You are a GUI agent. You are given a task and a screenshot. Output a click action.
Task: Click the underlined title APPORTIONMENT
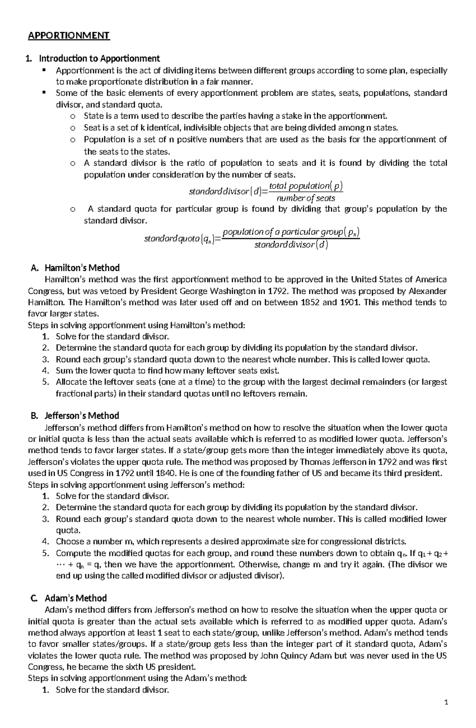tap(69, 36)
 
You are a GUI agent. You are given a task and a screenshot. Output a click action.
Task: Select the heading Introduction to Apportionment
tap(99, 59)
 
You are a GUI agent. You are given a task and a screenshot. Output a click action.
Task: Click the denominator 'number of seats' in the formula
tap(306, 198)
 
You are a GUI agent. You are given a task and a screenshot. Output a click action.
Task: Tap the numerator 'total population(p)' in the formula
tap(306, 186)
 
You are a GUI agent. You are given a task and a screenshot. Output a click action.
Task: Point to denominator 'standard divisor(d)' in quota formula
tap(291, 245)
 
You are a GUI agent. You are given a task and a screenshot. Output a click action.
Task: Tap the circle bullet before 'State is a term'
tap(72, 116)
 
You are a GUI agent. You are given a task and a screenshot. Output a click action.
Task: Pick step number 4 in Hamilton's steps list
tap(46, 371)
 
